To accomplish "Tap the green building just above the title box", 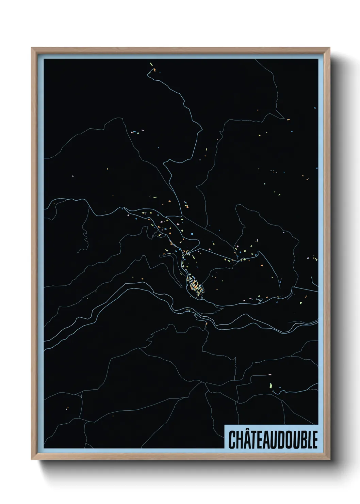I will point(271,385).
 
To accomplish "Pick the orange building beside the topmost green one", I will point(155,70).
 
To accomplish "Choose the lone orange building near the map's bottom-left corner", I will point(68,407).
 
